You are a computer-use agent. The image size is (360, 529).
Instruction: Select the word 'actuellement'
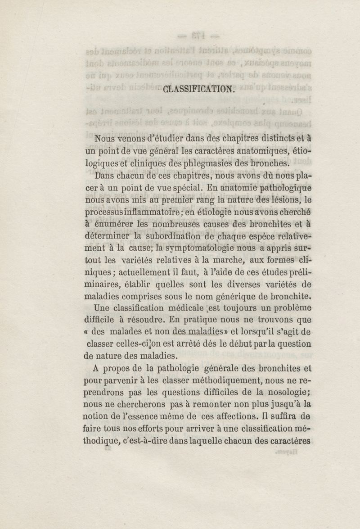[147, 272]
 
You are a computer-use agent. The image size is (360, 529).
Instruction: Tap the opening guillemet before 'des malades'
[86, 332]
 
